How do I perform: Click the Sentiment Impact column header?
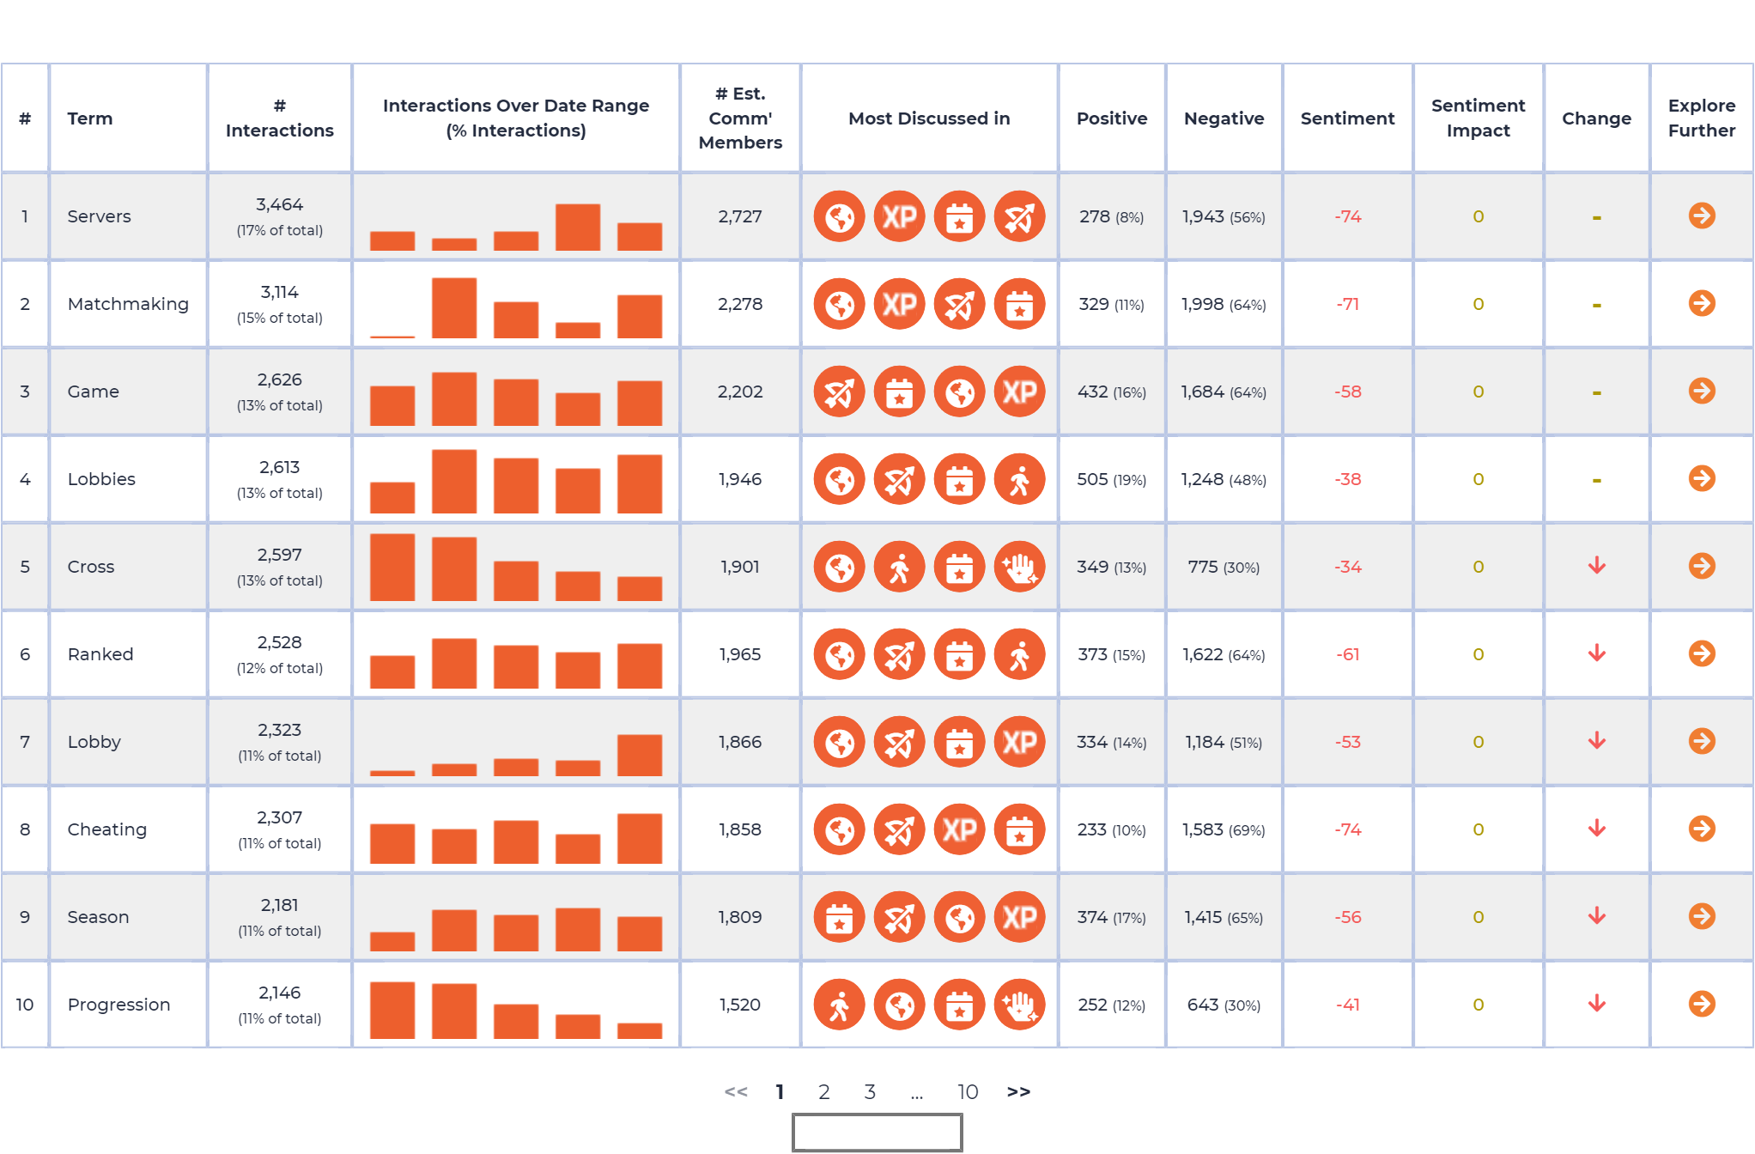pyautogui.click(x=1478, y=118)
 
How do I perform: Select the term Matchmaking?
pyautogui.click(x=128, y=304)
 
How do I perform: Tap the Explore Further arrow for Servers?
pyautogui.click(x=1701, y=216)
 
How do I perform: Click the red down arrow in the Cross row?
pyautogui.click(x=1596, y=566)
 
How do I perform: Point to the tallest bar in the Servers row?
pyautogui.click(x=578, y=228)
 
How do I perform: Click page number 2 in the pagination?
pyautogui.click(x=823, y=1091)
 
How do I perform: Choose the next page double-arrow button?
pyautogui.click(x=1018, y=1091)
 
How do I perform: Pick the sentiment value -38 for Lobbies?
pyautogui.click(x=1347, y=479)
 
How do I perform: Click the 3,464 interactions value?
pyautogui.click(x=279, y=204)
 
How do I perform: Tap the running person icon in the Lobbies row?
pyautogui.click(x=1019, y=479)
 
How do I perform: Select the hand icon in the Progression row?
pyautogui.click(x=1019, y=1005)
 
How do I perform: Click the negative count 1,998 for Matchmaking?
pyautogui.click(x=1202, y=304)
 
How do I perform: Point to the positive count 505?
pyautogui.click(x=1092, y=479)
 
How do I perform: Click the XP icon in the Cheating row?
pyautogui.click(x=959, y=829)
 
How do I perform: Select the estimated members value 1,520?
pyautogui.click(x=740, y=1005)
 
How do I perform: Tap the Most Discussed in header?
pyautogui.click(x=929, y=118)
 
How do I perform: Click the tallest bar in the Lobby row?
pyautogui.click(x=640, y=756)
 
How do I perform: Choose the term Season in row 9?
pyautogui.click(x=98, y=917)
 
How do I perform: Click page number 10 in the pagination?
pyautogui.click(x=968, y=1091)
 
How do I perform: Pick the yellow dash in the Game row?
pyautogui.click(x=1596, y=392)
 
